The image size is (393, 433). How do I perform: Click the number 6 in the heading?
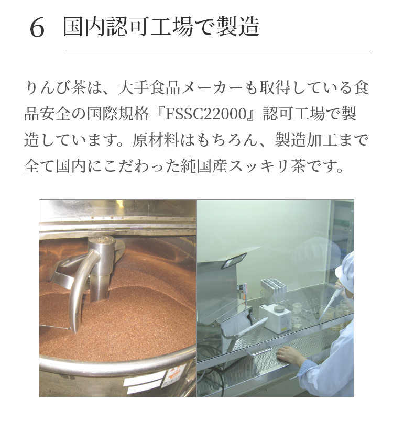(x=37, y=27)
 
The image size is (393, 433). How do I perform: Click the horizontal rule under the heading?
(x=216, y=53)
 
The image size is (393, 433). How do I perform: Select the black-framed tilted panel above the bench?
(x=233, y=260)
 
